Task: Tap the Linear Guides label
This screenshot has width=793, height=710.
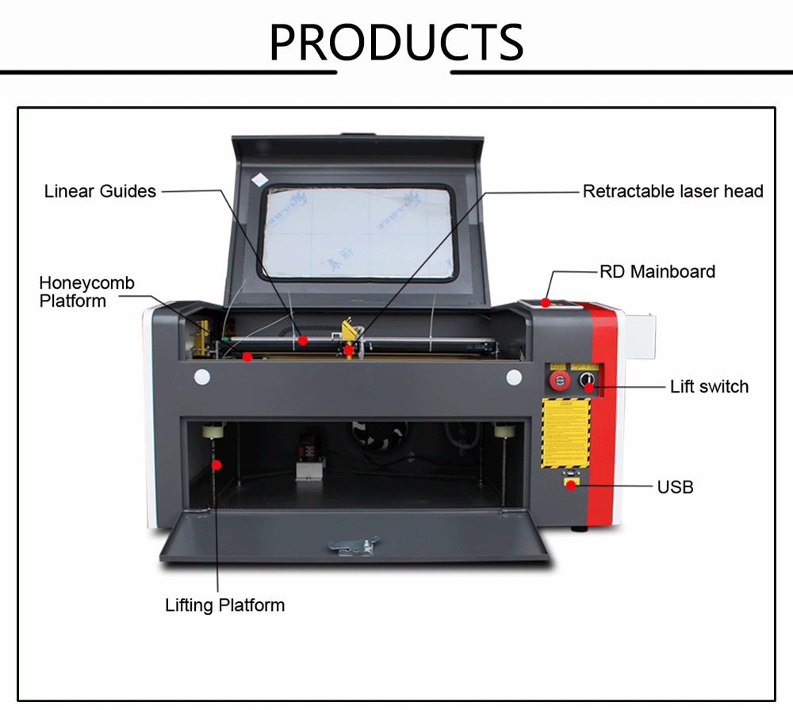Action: point(100,191)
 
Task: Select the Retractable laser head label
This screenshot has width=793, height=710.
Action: point(672,191)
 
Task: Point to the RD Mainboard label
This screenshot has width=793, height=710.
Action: point(657,271)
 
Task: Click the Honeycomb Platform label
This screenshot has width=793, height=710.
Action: point(86,292)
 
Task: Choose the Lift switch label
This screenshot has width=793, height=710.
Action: point(709,386)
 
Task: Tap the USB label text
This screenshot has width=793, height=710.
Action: point(675,486)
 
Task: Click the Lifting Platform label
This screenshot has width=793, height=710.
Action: point(224,605)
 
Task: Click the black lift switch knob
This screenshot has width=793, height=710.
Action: point(588,382)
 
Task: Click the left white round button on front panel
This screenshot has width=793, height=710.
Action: point(201,377)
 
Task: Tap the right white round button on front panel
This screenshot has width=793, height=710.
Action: point(514,377)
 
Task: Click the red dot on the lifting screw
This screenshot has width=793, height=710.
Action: point(214,464)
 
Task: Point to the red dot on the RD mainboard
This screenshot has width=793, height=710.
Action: point(546,302)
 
